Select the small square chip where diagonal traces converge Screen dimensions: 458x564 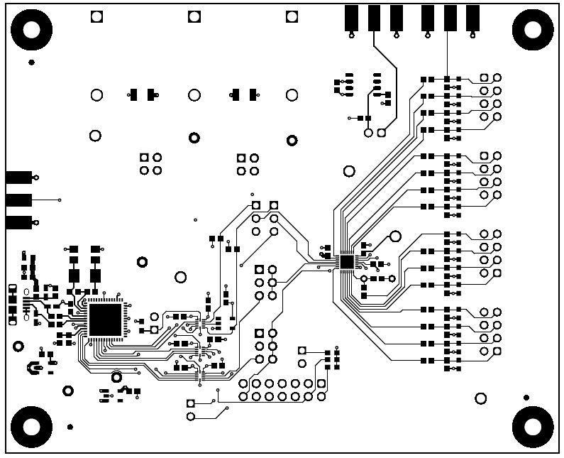click(x=347, y=261)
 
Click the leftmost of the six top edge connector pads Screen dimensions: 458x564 click(x=351, y=18)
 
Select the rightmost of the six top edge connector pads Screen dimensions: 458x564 click(x=472, y=18)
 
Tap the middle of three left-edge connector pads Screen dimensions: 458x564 click(x=18, y=200)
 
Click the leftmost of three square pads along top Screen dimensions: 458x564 click(x=96, y=17)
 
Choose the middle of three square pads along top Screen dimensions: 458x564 click(x=194, y=17)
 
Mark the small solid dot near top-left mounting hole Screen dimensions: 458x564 click(x=31, y=63)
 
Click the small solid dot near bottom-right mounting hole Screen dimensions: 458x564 click(x=526, y=398)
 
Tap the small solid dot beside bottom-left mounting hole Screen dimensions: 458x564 click(x=70, y=427)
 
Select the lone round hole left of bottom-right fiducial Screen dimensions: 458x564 click(x=480, y=398)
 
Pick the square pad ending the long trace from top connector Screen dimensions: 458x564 click(x=382, y=132)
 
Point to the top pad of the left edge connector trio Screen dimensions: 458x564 click(x=18, y=178)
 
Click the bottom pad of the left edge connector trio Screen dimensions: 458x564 click(x=18, y=223)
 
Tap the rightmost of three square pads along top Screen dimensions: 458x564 click(x=291, y=17)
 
